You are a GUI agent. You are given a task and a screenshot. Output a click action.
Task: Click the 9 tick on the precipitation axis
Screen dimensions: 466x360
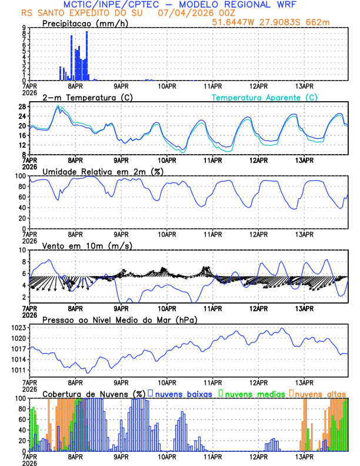click(24, 27)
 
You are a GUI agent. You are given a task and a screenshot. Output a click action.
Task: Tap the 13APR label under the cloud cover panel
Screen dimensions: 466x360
click(304, 456)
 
